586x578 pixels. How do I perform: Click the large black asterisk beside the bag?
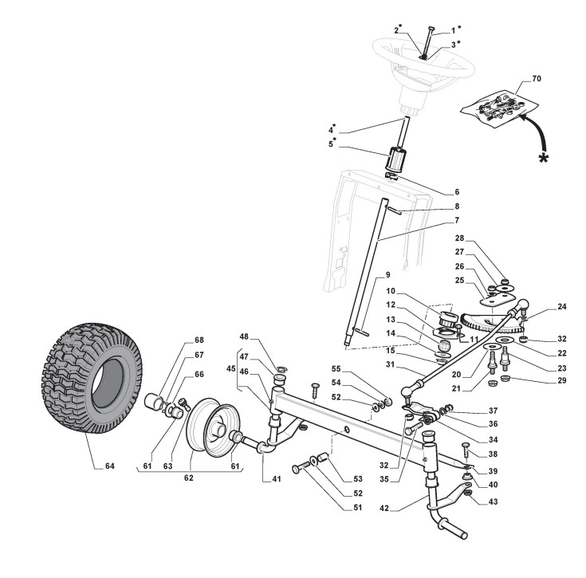click(x=545, y=158)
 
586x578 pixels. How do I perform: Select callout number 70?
click(x=536, y=80)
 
